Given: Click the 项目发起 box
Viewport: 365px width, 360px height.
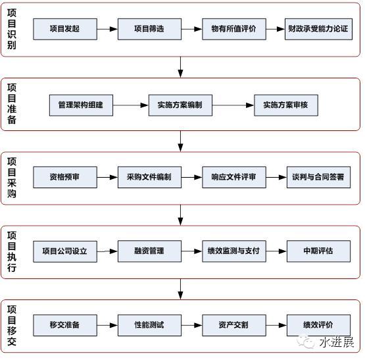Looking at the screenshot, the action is tap(65, 29).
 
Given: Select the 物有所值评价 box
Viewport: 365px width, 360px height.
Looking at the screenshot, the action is tap(234, 29).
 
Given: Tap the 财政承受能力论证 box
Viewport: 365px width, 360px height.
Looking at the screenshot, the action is tap(318, 29).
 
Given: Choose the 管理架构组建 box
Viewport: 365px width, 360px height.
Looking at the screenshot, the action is tap(81, 105).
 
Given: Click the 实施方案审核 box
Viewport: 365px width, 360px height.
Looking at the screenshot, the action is tap(286, 105).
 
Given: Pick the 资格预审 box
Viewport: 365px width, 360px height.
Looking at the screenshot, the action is tap(65, 177).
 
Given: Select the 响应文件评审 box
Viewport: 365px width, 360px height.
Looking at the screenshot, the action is tap(234, 177).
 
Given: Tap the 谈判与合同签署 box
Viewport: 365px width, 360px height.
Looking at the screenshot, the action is tap(318, 177).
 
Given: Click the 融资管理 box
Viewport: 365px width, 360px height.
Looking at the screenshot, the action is tap(149, 251).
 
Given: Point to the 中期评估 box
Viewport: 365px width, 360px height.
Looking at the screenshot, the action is tap(318, 251).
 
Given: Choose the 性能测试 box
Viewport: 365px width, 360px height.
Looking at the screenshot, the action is tap(149, 325).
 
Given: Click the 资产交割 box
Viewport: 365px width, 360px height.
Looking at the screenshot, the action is tap(234, 325).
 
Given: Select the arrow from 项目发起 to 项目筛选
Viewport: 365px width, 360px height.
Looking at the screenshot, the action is tap(107, 29).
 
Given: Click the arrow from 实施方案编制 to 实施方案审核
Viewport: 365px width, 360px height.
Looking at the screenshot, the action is tap(233, 105).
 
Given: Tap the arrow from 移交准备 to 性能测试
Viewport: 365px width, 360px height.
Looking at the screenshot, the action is tap(107, 325).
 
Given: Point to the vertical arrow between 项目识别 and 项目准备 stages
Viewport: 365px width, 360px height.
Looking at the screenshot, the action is tap(180, 67).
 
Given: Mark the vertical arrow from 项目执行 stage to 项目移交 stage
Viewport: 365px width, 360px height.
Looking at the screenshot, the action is tap(180, 289).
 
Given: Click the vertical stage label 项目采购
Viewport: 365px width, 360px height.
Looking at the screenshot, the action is tap(12, 178).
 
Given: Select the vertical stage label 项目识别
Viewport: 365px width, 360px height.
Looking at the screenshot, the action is tap(12, 29).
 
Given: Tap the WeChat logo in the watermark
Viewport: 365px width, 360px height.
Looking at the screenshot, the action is tap(306, 342).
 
